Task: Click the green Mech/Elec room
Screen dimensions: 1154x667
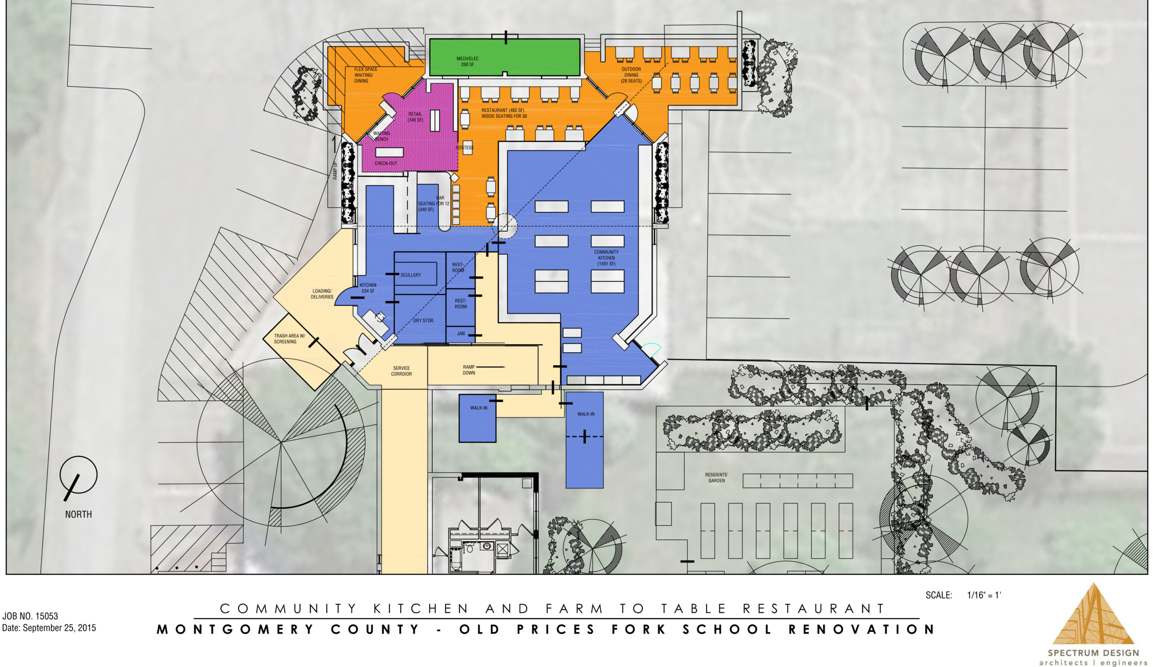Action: click(504, 57)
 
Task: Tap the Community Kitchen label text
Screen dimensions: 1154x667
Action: click(606, 258)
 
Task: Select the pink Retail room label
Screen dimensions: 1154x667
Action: click(415, 117)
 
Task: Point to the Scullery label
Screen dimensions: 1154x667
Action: click(411, 275)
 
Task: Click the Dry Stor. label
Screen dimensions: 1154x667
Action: click(423, 321)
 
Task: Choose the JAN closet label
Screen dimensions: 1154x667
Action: click(461, 334)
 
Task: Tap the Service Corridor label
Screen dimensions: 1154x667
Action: click(402, 371)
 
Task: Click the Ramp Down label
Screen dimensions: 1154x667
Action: click(469, 370)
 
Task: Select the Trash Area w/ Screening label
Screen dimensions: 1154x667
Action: click(289, 339)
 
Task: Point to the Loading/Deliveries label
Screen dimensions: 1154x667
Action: click(322, 294)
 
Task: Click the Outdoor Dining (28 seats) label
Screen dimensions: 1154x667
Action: click(631, 75)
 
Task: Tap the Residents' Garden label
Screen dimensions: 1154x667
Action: click(716, 478)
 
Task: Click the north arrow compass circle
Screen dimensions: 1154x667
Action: click(79, 474)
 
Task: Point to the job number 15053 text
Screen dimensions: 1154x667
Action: click(30, 616)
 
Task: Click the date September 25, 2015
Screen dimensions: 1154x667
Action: click(49, 628)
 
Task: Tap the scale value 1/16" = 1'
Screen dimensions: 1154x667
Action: click(984, 595)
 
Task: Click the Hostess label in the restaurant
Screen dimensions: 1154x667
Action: click(465, 147)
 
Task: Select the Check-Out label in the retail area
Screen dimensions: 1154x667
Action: click(386, 163)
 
